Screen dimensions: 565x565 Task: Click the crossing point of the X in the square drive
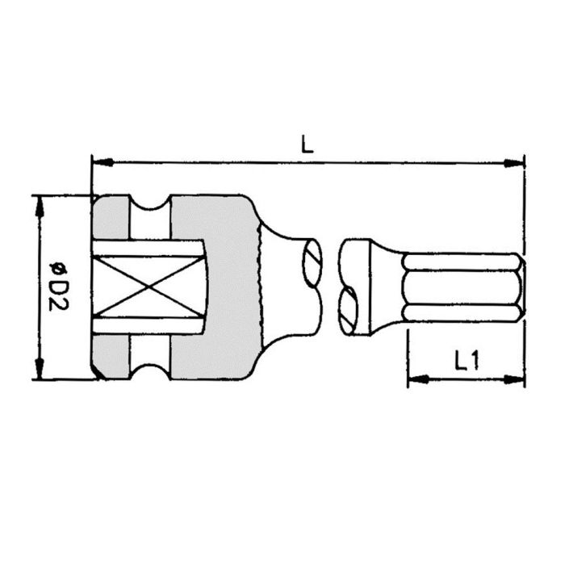(x=146, y=287)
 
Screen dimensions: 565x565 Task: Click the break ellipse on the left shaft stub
(x=314, y=260)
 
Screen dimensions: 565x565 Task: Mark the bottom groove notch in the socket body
(x=149, y=368)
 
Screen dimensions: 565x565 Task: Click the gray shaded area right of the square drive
(x=230, y=287)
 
